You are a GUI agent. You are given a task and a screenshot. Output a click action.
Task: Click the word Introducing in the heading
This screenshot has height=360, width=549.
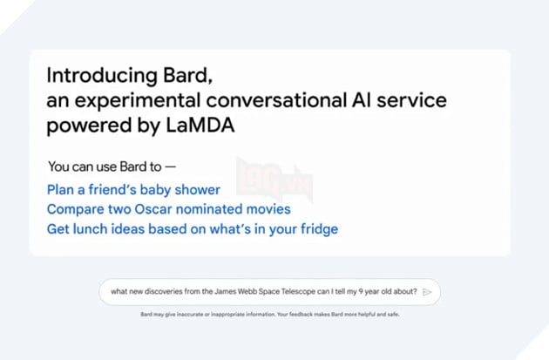(91, 74)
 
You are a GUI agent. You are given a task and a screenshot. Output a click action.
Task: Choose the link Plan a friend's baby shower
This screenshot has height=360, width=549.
(133, 189)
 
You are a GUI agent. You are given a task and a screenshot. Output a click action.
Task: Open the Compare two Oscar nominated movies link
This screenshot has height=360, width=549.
(168, 209)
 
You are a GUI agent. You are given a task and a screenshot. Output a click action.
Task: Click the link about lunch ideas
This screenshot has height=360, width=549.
(192, 229)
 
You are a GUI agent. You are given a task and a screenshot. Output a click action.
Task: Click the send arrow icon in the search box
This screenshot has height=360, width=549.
(427, 292)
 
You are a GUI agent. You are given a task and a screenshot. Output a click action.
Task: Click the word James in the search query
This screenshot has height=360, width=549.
(211, 292)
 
